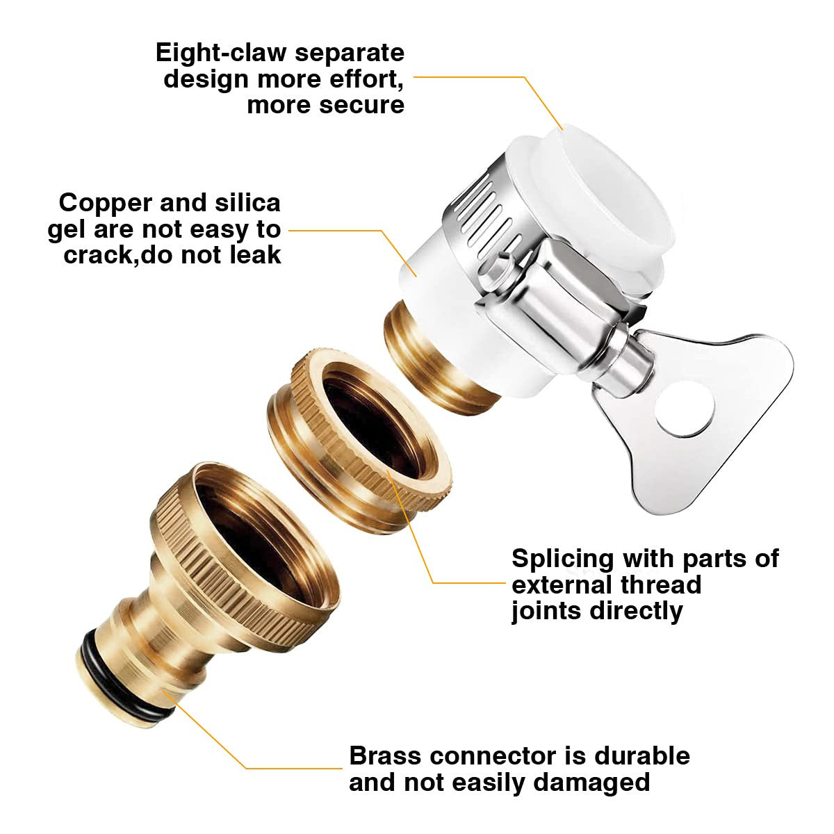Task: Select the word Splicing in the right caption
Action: tap(563, 558)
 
